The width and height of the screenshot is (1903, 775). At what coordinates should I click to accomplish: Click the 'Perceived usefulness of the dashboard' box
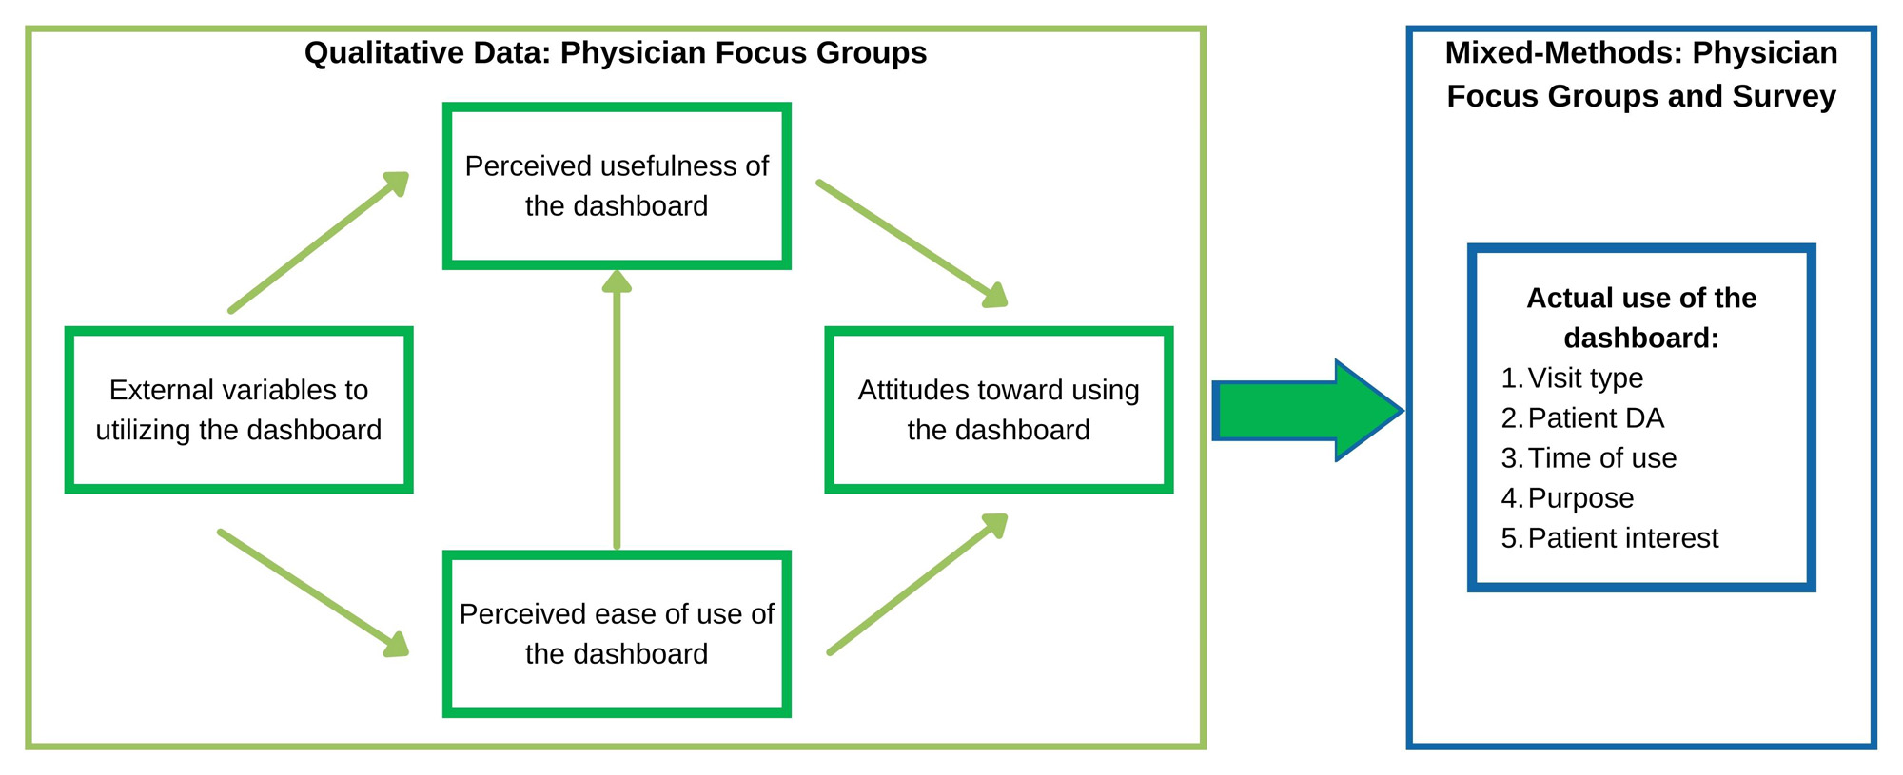click(617, 186)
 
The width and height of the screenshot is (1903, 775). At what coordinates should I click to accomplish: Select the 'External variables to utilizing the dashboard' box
click(238, 410)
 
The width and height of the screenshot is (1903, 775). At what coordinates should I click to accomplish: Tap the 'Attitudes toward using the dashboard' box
click(998, 410)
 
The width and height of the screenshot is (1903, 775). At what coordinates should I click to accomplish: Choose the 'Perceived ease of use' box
click(617, 633)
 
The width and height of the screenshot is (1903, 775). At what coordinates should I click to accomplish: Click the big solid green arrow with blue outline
click(1308, 411)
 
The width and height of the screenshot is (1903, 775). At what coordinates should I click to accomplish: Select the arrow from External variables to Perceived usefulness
click(319, 242)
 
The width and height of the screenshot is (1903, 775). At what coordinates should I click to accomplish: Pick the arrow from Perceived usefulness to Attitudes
click(912, 243)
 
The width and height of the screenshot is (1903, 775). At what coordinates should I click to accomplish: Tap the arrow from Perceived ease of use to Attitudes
click(917, 585)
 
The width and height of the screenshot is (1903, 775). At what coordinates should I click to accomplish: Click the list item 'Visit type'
click(1585, 378)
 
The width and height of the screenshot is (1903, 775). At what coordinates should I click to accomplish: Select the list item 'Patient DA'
click(1596, 418)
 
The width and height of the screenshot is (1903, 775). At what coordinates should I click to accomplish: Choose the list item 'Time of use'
click(1601, 458)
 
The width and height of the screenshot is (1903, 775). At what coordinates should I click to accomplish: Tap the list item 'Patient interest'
click(1622, 538)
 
